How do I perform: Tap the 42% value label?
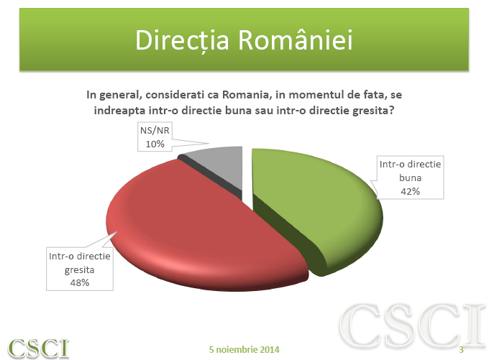(411, 191)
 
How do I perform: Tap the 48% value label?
(79, 282)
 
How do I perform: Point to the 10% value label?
(155, 144)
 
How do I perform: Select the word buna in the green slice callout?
(411, 177)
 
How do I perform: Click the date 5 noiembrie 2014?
(244, 349)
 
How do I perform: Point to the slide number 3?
(461, 349)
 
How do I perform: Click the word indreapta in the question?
(119, 110)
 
